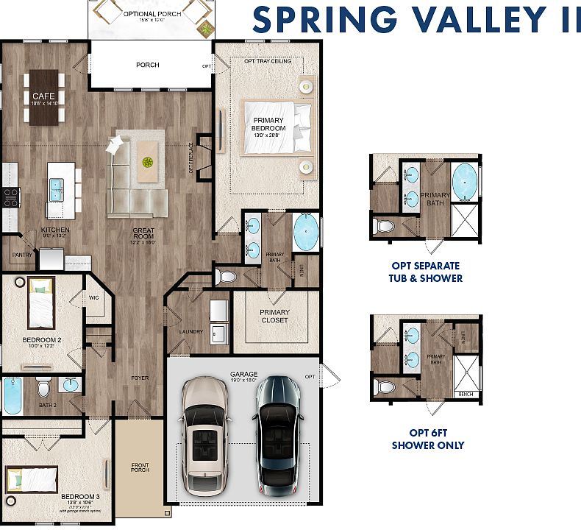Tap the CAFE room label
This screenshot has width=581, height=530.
40,96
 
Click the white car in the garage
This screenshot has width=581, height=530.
203,434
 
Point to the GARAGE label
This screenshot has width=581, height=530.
243,373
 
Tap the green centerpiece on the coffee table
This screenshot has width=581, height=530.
148,161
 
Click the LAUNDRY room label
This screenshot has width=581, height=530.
190,331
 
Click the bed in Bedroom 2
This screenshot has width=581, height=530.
41,303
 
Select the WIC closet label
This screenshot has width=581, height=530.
94,298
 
